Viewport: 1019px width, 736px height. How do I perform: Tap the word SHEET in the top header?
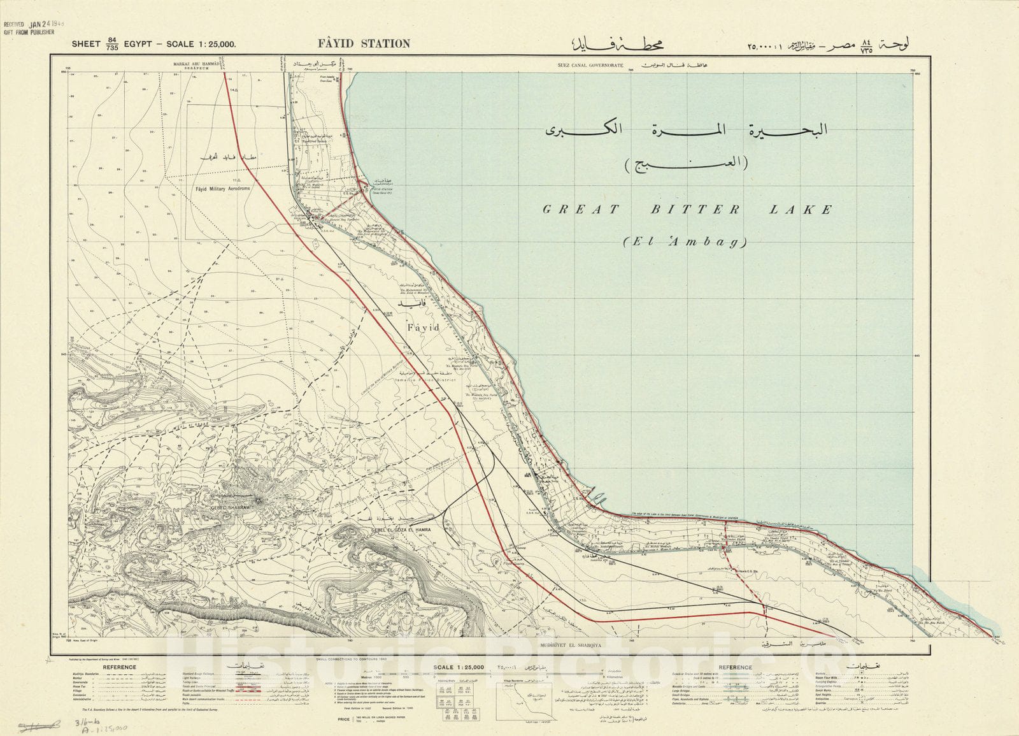click(x=86, y=44)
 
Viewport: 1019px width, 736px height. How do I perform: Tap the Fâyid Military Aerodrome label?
click(x=221, y=189)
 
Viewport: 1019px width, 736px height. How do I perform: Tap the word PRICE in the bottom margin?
click(x=348, y=718)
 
